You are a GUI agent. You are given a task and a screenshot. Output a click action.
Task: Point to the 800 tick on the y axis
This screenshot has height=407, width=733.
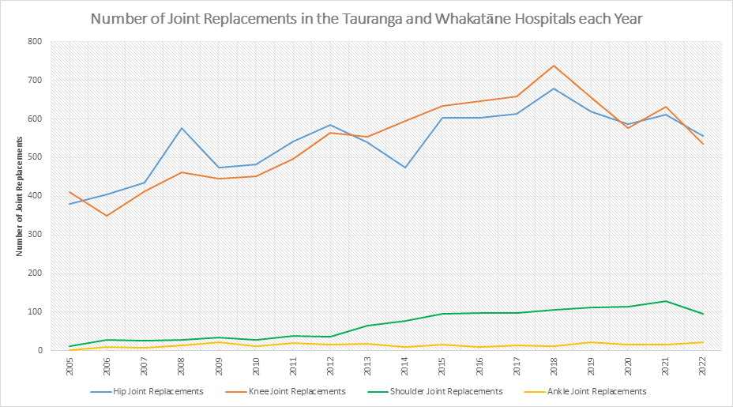34,42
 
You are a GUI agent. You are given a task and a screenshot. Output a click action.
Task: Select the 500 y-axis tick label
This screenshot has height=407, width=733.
34,157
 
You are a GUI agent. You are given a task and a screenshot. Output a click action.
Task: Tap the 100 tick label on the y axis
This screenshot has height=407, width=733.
34,312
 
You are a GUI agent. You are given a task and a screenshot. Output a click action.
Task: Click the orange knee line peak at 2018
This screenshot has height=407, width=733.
554,66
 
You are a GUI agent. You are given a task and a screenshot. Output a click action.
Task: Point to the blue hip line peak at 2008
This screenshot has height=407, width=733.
182,128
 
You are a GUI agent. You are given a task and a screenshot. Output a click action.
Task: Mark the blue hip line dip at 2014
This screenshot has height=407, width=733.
405,168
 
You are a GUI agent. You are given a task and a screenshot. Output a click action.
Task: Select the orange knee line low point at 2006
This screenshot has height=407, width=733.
107,216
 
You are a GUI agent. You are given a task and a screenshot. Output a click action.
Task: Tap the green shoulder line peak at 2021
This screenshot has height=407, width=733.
665,301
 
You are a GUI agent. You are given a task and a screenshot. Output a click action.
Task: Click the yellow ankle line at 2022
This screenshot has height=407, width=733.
702,342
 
